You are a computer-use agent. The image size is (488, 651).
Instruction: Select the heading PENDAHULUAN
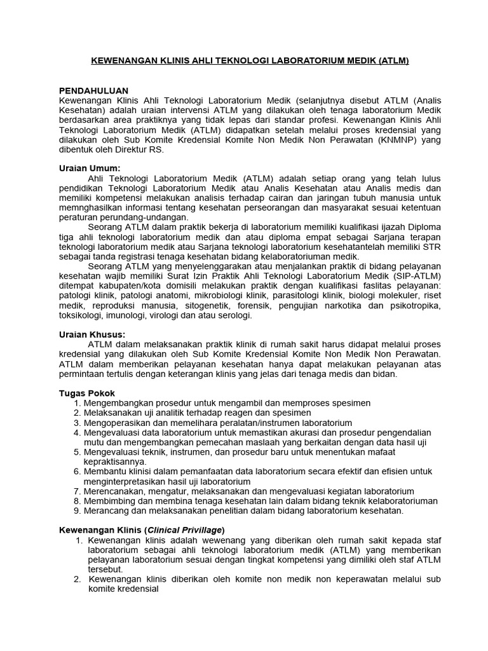click(x=93, y=91)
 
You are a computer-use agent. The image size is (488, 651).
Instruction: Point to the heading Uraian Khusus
click(x=92, y=334)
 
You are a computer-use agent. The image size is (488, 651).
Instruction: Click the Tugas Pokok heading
click(x=87, y=393)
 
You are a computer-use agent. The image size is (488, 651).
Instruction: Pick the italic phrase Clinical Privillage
click(x=184, y=530)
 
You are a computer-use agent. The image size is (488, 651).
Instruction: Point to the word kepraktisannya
click(x=115, y=462)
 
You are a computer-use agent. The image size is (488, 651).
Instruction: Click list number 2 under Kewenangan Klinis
click(x=77, y=579)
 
